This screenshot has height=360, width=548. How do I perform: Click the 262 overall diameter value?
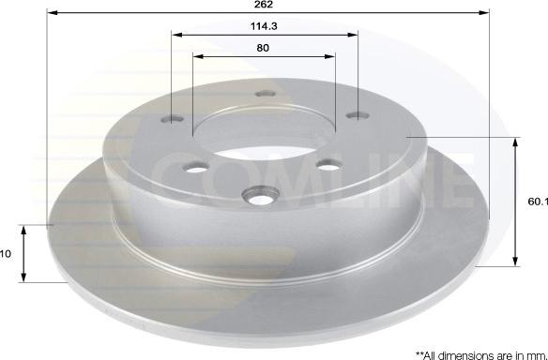click(264, 4)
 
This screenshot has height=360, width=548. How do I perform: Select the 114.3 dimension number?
click(264, 26)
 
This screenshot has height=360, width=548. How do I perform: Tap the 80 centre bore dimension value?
click(263, 48)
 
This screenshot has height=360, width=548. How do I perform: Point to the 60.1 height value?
click(538, 202)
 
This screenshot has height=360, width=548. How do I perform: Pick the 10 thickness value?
click(6, 254)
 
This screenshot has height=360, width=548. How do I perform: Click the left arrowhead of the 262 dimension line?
click(53, 12)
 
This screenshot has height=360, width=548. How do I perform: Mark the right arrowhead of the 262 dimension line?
click(483, 12)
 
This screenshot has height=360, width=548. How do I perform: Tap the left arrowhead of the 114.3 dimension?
click(177, 35)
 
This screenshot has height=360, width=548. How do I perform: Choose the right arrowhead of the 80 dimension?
click(330, 56)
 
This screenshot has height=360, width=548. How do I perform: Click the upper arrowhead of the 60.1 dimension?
click(515, 143)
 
